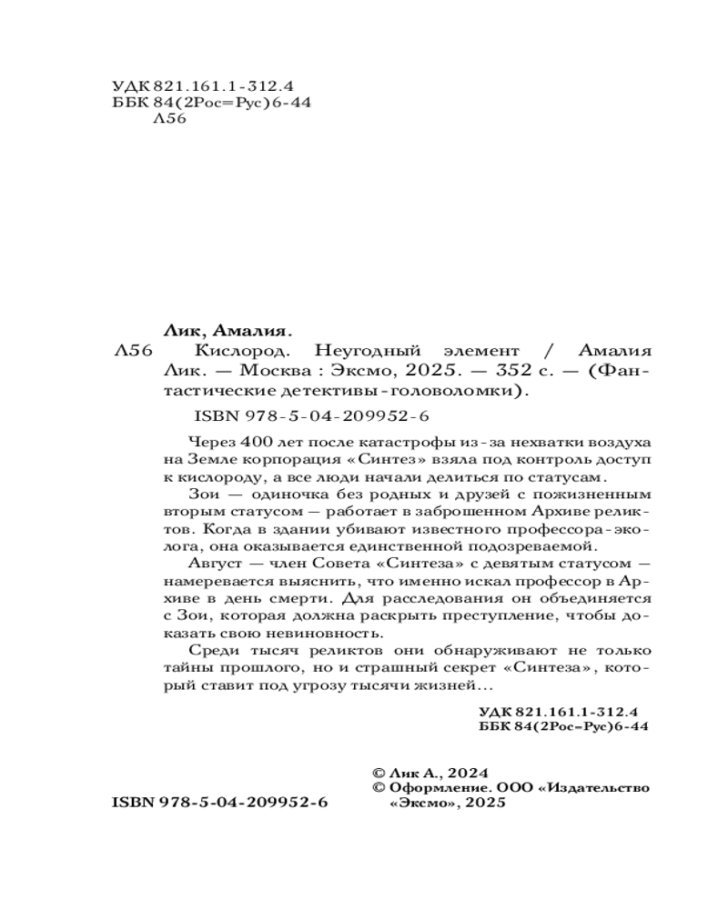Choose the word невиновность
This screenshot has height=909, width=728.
pyautogui.click(x=312, y=634)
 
